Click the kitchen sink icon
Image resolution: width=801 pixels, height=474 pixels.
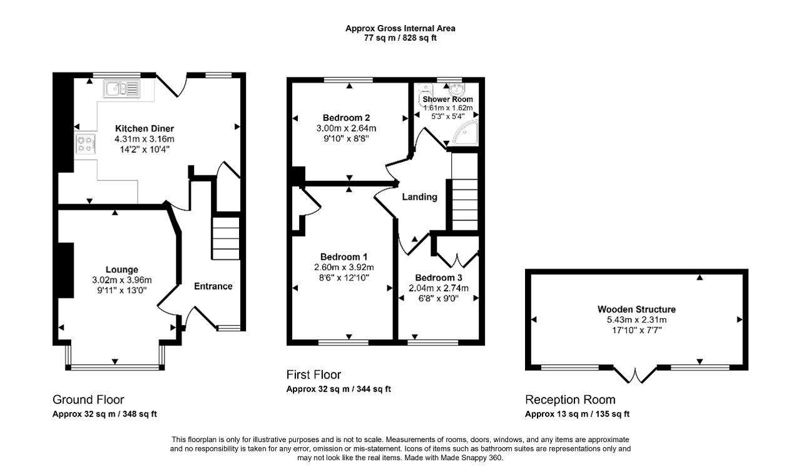tap(121, 89)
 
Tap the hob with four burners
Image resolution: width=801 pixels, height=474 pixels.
tap(86, 144)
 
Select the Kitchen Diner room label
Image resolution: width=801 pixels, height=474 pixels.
tap(145, 128)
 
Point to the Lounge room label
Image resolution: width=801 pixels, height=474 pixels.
tap(121, 269)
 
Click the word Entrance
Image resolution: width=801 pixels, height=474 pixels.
tap(213, 286)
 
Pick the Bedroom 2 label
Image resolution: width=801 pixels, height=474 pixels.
tap(346, 118)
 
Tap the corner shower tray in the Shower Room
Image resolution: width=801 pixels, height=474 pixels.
tap(465, 133)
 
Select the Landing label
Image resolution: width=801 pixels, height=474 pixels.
tap(419, 197)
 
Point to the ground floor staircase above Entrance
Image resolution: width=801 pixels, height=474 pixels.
tap(226, 238)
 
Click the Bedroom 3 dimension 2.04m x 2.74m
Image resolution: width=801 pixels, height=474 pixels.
tap(439, 288)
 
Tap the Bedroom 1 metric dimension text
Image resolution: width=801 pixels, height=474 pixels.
tap(344, 267)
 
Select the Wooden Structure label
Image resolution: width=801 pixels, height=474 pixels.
tap(636, 309)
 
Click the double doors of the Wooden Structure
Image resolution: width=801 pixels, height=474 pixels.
tap(635, 375)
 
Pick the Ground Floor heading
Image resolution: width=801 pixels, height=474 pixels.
tap(88, 399)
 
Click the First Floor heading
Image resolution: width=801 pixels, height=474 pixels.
tap(314, 374)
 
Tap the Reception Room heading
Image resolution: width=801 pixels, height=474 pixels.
tap(570, 399)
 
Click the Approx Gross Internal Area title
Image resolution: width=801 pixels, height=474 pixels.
tap(400, 28)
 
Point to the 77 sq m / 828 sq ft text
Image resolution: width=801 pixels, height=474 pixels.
tap(400, 38)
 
